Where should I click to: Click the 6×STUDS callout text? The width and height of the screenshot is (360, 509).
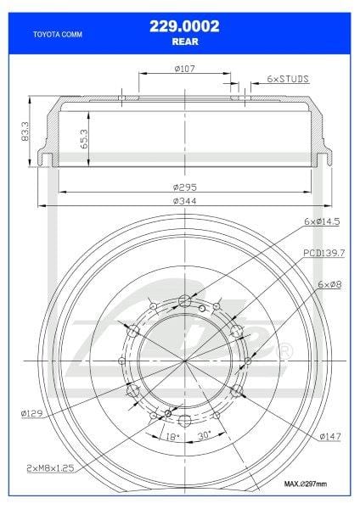286,78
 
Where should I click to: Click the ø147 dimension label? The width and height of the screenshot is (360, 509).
330,436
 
